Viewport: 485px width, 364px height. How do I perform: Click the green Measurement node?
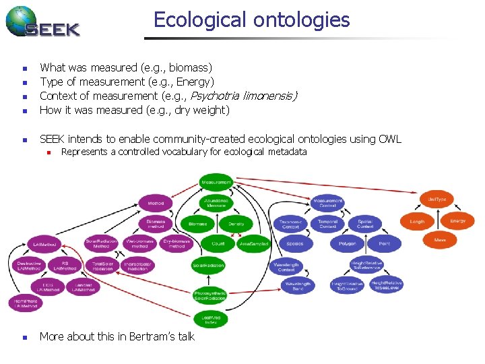coord(216,182)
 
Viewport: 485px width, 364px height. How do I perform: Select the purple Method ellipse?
coord(156,203)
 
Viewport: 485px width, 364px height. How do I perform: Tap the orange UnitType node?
coord(437,200)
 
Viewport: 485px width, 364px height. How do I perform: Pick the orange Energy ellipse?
coord(457,221)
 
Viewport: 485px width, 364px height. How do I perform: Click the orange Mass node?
coord(440,239)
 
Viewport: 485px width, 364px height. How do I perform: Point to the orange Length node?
coord(418,221)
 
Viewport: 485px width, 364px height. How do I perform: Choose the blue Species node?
coord(294,243)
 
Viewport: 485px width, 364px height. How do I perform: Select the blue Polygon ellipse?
coord(348,243)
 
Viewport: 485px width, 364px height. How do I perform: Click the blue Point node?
coord(384,243)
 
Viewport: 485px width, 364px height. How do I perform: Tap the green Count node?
coord(218,243)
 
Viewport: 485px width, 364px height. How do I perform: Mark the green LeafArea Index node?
coord(211,319)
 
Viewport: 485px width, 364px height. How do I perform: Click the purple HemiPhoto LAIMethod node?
coord(25,304)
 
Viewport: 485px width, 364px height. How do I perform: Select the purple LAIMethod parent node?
coord(44,244)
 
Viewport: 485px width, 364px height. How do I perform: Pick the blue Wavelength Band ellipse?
coord(298,286)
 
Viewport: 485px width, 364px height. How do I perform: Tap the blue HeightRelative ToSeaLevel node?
coord(387,285)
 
